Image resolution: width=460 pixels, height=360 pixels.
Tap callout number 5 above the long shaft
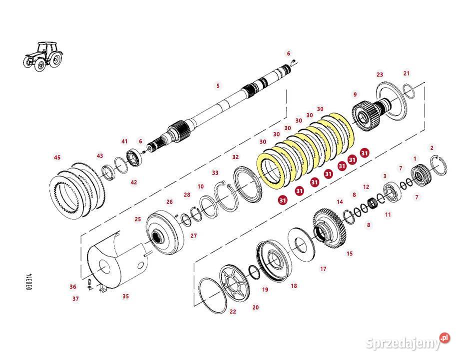point(218,85)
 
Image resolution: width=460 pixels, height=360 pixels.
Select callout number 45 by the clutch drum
point(57,157)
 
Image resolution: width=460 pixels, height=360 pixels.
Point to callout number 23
point(380,74)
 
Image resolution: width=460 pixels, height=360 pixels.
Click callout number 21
point(407,73)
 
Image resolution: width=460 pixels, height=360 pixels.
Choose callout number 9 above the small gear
point(355,94)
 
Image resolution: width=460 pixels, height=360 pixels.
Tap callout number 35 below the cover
point(126,296)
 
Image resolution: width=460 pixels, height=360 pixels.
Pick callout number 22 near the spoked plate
point(233,311)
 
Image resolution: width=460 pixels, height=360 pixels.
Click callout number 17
point(323,269)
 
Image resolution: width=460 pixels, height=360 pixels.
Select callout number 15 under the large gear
point(350,254)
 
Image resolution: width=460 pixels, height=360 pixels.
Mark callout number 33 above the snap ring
point(215,172)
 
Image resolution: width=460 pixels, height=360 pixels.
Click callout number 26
point(169,202)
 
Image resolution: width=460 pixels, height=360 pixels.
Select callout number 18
point(294,286)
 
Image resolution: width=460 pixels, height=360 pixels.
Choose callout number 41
point(124,141)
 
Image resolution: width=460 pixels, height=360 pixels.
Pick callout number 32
point(235,157)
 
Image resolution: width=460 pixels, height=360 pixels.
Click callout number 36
point(73,286)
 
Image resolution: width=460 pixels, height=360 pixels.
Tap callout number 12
point(366,187)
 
